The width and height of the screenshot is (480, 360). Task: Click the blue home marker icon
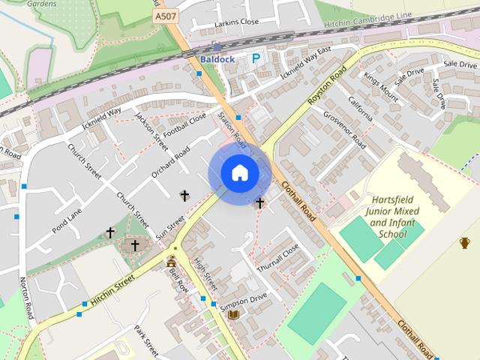coord(239,173)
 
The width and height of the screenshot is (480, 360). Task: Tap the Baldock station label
coord(217,58)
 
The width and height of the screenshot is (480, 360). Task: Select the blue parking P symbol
coord(256,58)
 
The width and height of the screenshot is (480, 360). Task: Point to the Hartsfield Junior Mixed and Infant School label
coord(382,217)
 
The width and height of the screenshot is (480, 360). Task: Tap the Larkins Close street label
coord(236,22)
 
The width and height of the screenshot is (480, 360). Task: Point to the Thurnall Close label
coord(278,256)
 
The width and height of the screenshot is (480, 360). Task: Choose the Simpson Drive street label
coord(244,301)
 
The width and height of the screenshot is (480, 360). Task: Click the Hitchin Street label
coord(112,289)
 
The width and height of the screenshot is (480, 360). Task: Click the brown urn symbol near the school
coord(464,242)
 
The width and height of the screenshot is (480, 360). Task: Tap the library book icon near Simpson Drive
coord(233,313)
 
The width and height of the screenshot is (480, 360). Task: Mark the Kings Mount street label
coord(381,87)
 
